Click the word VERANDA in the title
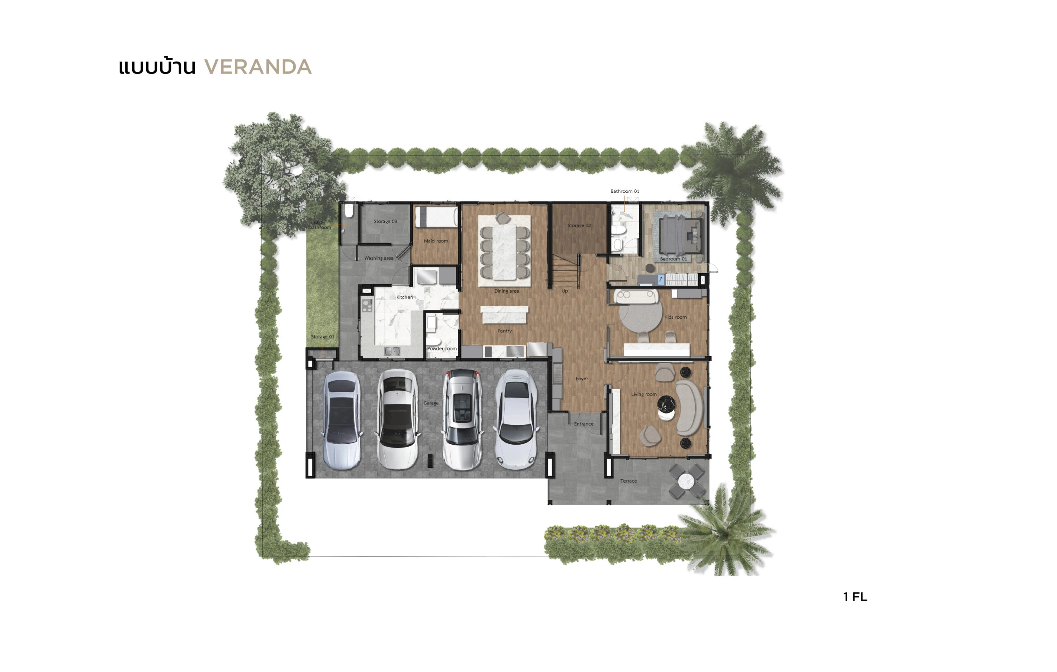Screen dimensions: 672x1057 258,67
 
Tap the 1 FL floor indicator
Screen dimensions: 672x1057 855,596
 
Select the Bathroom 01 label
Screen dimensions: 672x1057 625,191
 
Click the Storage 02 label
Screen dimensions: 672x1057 579,225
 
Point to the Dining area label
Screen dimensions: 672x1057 507,291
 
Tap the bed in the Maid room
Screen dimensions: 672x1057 436,217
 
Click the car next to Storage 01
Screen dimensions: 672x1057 342,420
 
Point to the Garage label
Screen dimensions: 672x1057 431,403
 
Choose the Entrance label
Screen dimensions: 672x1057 583,424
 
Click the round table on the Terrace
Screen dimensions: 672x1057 686,482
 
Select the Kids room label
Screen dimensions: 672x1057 675,317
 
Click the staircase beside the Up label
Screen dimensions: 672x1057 565,271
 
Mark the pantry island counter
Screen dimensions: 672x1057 505,314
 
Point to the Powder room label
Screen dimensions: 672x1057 442,348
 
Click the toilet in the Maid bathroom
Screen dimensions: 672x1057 348,211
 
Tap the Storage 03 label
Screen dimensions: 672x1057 385,221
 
